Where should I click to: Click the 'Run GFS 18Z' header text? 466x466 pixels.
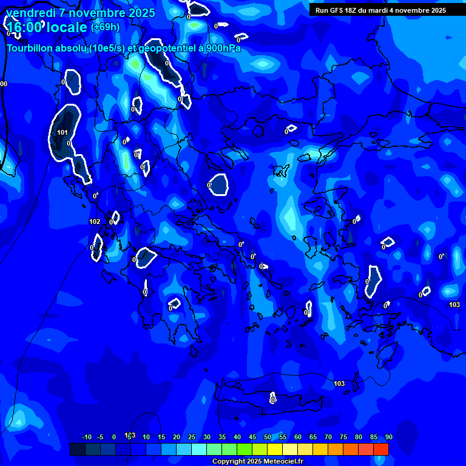337,10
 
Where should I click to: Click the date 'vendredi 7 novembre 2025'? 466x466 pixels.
81,13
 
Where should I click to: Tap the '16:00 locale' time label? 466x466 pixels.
47,27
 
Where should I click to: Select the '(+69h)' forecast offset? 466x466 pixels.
105,27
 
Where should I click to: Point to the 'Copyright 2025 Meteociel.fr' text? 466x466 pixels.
257,461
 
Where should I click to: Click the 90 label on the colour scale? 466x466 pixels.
388,437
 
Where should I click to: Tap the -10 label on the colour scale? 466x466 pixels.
86,437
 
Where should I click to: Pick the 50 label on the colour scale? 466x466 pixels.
268,437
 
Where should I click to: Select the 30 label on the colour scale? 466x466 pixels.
207,437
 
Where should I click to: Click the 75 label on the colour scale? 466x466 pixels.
343,437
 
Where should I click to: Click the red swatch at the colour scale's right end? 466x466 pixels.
380,449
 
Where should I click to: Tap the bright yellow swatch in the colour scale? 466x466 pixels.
274,449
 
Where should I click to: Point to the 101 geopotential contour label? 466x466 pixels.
62,132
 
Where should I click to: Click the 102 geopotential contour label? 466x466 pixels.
95,221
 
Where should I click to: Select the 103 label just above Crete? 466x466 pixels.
339,383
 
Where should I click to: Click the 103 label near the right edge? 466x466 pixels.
454,305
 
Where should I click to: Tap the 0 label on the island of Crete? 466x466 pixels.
273,400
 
